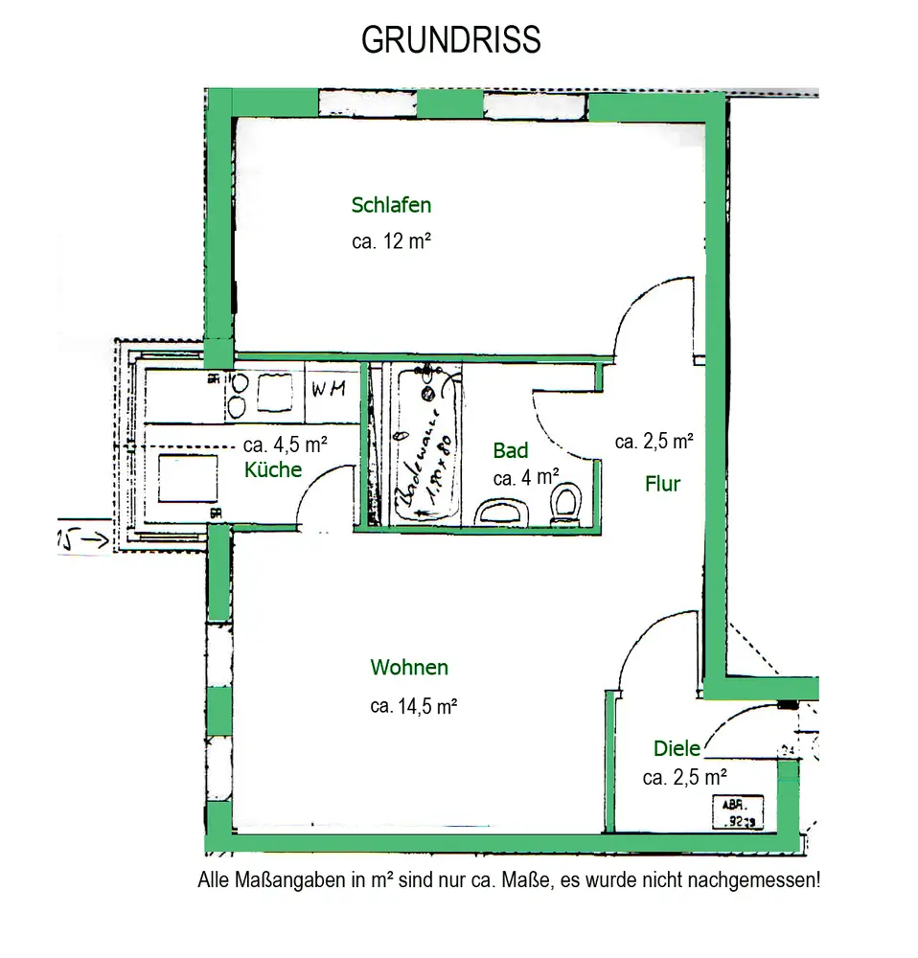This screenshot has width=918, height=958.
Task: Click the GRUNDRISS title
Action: click(450, 40)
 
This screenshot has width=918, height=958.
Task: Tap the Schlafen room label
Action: click(391, 205)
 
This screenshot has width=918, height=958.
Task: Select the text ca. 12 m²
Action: click(390, 242)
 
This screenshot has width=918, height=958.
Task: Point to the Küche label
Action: click(273, 469)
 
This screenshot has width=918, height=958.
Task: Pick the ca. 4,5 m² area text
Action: click(286, 445)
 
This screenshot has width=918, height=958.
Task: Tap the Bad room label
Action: click(510, 450)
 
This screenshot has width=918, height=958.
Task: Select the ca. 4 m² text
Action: click(526, 475)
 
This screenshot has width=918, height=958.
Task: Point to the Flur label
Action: click(662, 484)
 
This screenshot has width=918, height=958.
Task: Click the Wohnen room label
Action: click(409, 668)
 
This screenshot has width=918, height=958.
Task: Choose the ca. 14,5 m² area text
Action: click(413, 707)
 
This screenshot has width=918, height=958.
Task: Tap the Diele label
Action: click(677, 748)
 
